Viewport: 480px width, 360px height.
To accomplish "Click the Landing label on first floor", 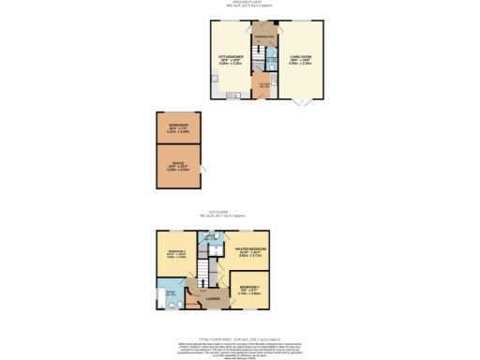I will [x=213, y=299].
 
